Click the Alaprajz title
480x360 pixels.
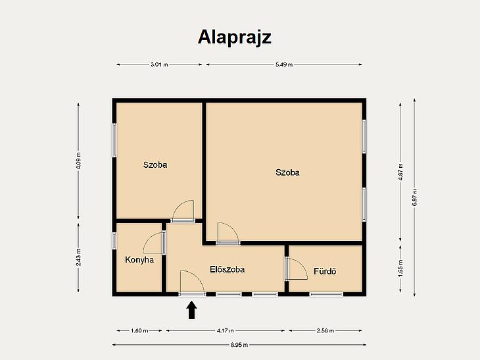pos(235,38)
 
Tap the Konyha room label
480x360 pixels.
pos(139,260)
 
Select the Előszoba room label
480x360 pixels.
pos(227,269)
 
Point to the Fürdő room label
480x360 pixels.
pos(325,271)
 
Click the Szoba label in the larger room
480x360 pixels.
pos(287,172)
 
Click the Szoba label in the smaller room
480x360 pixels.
pos(155,165)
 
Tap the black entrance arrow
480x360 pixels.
pos(192,310)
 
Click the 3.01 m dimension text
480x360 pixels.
pos(159,64)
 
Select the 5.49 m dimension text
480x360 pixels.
pos(284,64)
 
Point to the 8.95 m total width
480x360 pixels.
pos(239,345)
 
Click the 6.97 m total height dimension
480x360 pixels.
pos(415,197)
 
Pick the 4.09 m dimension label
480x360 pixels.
pos(79,161)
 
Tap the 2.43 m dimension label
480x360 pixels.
pos(79,257)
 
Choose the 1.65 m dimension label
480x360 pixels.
pos(400,268)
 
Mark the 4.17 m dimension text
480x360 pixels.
pos(226,330)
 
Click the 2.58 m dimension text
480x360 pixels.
pos(325,330)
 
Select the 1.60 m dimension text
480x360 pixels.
pos(139,330)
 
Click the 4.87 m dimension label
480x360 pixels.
pos(400,172)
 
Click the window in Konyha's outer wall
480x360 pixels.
pos(114,240)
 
